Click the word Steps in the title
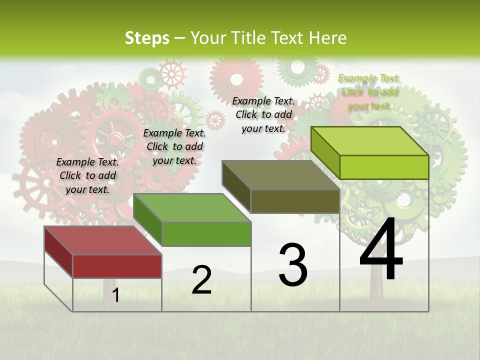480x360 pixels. (x=147, y=38)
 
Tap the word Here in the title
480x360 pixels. (x=328, y=38)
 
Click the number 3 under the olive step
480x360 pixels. (x=293, y=264)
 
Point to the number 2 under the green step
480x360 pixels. (x=201, y=280)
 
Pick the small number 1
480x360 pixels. (x=115, y=295)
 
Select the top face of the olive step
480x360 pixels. (x=280, y=175)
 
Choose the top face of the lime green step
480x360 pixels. (x=369, y=141)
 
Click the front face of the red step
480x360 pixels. (x=117, y=266)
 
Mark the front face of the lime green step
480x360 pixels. (x=384, y=167)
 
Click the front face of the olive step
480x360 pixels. (x=295, y=201)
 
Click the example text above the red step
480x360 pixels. (x=87, y=175)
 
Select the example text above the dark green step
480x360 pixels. (x=174, y=146)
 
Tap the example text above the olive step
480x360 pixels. (x=263, y=114)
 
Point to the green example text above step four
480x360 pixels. (x=369, y=91)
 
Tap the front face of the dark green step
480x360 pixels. (x=206, y=234)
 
